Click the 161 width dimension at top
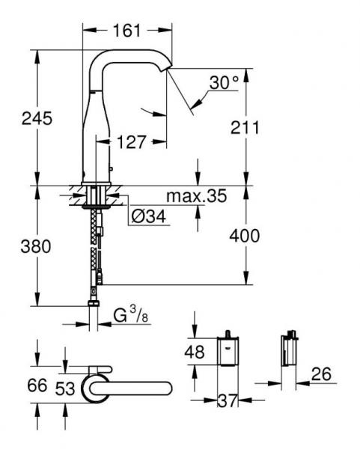click(128, 31)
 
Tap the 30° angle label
click(223, 83)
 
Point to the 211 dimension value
click(245, 127)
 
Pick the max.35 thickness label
click(196, 197)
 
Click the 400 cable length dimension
click(245, 236)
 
